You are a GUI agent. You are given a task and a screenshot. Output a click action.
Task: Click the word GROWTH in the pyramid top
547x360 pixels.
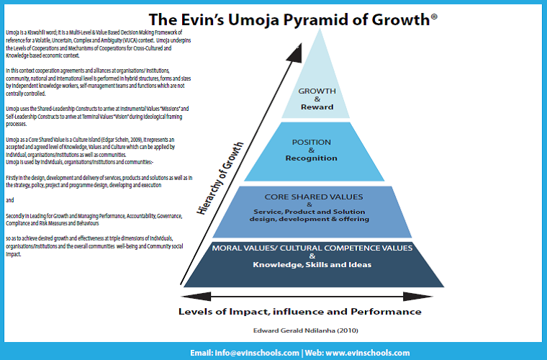tap(317, 91)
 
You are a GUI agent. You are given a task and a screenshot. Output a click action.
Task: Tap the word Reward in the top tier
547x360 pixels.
tap(317, 107)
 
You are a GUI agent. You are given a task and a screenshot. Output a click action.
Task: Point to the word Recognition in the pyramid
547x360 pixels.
tap(312, 158)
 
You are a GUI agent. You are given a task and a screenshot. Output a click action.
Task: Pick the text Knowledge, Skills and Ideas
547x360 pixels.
tap(312, 264)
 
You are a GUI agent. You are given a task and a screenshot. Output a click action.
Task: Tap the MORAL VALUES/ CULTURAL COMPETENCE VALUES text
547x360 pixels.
tap(312, 248)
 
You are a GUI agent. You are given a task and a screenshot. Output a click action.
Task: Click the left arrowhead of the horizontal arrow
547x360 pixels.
tap(179, 295)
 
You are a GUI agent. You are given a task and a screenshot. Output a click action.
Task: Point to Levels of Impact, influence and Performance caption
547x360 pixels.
tap(299, 311)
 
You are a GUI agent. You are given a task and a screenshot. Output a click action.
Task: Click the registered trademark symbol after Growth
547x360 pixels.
tap(433, 14)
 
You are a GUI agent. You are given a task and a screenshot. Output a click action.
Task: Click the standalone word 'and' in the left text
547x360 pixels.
tap(9, 199)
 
